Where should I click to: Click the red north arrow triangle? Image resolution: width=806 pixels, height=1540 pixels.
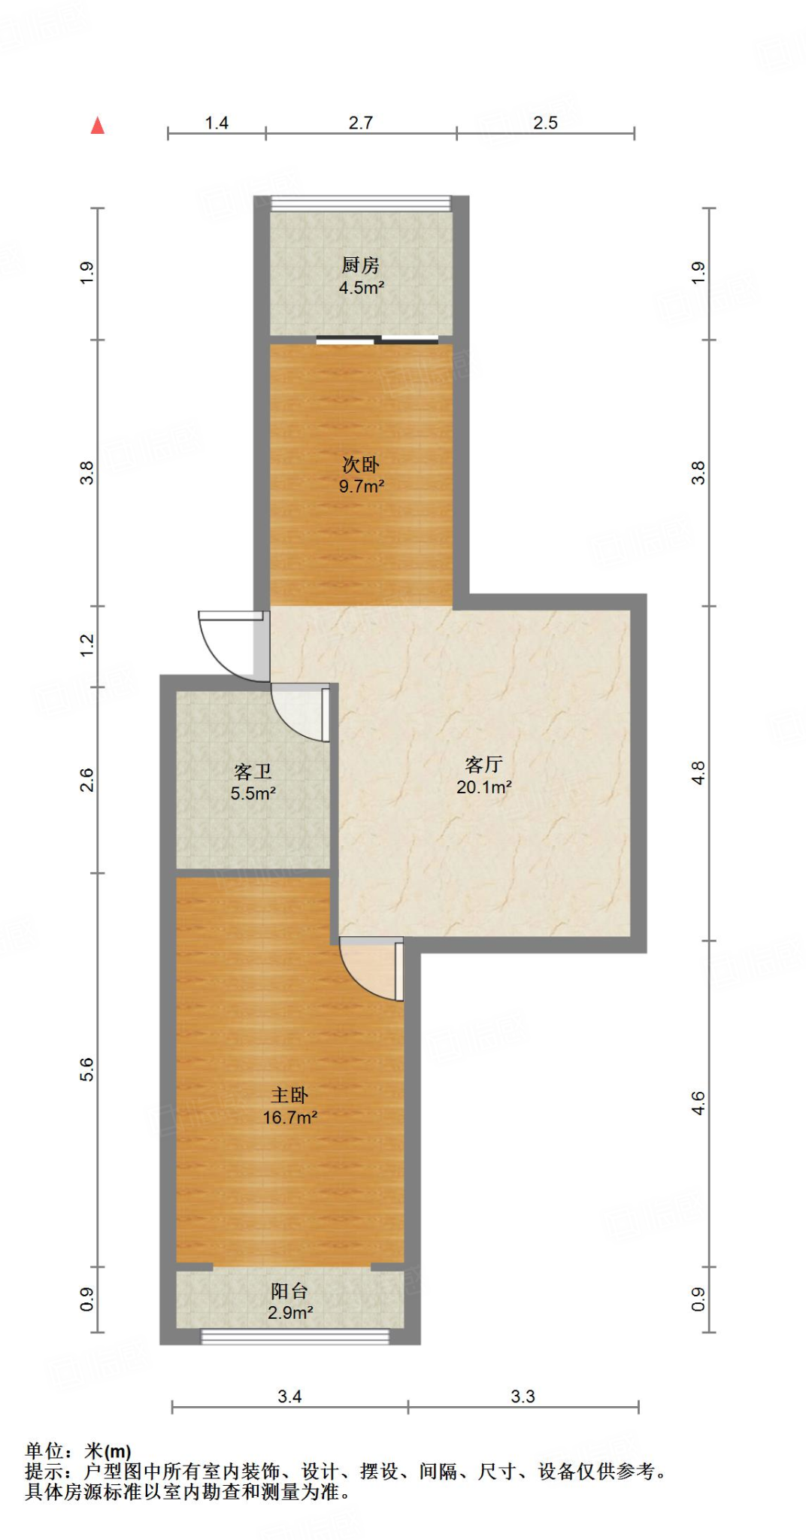point(98,126)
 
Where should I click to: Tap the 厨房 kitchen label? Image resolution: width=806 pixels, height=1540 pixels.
point(360,265)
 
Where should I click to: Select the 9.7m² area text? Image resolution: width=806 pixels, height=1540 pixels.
point(361,487)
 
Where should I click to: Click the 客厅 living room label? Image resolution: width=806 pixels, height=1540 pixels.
point(483,765)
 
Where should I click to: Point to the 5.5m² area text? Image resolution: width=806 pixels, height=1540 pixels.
point(253,793)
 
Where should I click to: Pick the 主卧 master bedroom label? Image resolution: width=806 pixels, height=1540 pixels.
point(289,1095)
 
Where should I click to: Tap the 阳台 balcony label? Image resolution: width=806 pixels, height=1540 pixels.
point(289,1291)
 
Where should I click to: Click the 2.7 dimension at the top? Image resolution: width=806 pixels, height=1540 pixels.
point(360,123)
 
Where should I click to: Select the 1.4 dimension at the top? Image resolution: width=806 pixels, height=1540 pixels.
point(217,123)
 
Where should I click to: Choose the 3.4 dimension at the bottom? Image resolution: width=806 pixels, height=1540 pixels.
point(289,1396)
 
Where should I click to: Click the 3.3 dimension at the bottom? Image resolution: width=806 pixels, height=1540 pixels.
point(523,1396)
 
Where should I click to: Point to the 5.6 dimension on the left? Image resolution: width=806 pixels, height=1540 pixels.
point(87,1069)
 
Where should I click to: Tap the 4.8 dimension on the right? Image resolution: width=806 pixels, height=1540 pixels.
point(698,773)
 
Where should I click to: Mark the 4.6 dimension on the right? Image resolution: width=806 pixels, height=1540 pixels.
point(698,1103)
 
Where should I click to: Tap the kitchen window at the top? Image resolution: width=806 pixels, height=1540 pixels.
point(361,202)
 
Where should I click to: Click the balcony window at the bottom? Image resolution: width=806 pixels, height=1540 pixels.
point(295,1336)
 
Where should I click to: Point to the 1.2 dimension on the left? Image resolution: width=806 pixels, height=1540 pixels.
point(87,645)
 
